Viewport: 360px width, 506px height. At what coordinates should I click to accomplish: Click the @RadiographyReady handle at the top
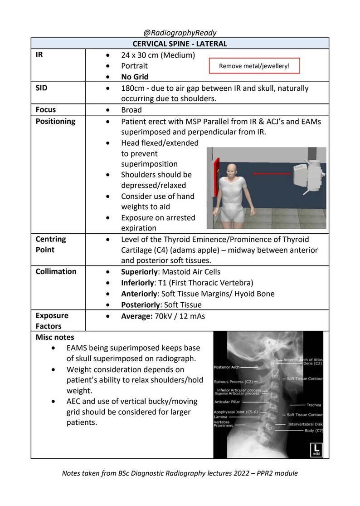click(180, 33)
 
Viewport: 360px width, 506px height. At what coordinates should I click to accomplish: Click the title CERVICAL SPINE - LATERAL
click(180, 44)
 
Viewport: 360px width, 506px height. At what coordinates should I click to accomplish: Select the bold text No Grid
click(135, 77)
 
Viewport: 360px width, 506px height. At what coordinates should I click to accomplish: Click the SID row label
click(42, 88)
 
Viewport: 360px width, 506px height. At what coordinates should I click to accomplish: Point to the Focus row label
click(45, 110)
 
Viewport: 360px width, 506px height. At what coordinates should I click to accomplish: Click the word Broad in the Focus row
click(131, 110)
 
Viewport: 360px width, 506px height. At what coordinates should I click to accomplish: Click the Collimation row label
click(56, 271)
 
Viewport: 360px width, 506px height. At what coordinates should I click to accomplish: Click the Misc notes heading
click(55, 337)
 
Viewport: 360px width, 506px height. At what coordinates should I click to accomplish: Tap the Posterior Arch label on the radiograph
click(228, 366)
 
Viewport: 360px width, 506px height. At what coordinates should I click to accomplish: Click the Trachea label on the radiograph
click(314, 404)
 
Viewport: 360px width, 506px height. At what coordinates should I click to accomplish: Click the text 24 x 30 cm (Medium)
click(158, 55)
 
